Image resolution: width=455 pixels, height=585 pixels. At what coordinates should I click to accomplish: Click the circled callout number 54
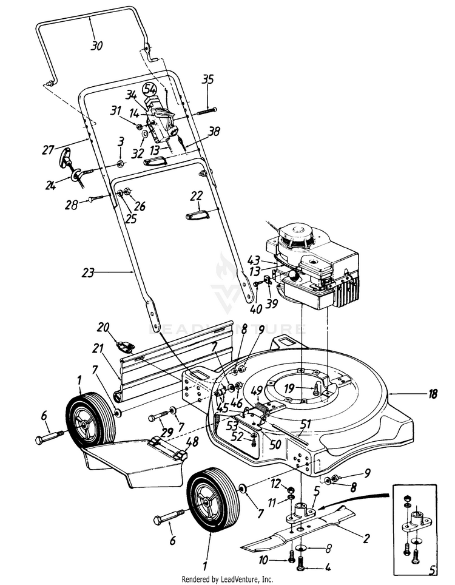click(150, 89)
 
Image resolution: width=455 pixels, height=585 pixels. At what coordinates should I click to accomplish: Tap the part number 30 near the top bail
click(96, 46)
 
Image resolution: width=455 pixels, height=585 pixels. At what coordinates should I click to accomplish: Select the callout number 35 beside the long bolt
click(207, 79)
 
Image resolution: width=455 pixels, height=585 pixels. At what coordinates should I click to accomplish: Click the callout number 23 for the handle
click(89, 272)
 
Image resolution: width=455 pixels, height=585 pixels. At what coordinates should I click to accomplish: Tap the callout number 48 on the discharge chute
click(192, 442)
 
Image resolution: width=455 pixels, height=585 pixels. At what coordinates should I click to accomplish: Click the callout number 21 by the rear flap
click(98, 349)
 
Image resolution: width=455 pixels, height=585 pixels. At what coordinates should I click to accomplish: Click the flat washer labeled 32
click(146, 135)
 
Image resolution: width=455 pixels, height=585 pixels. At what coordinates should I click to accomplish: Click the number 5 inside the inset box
click(432, 570)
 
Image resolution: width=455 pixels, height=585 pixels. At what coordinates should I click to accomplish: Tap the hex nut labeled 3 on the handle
click(121, 163)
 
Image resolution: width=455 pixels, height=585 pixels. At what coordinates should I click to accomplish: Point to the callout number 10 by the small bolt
click(263, 560)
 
